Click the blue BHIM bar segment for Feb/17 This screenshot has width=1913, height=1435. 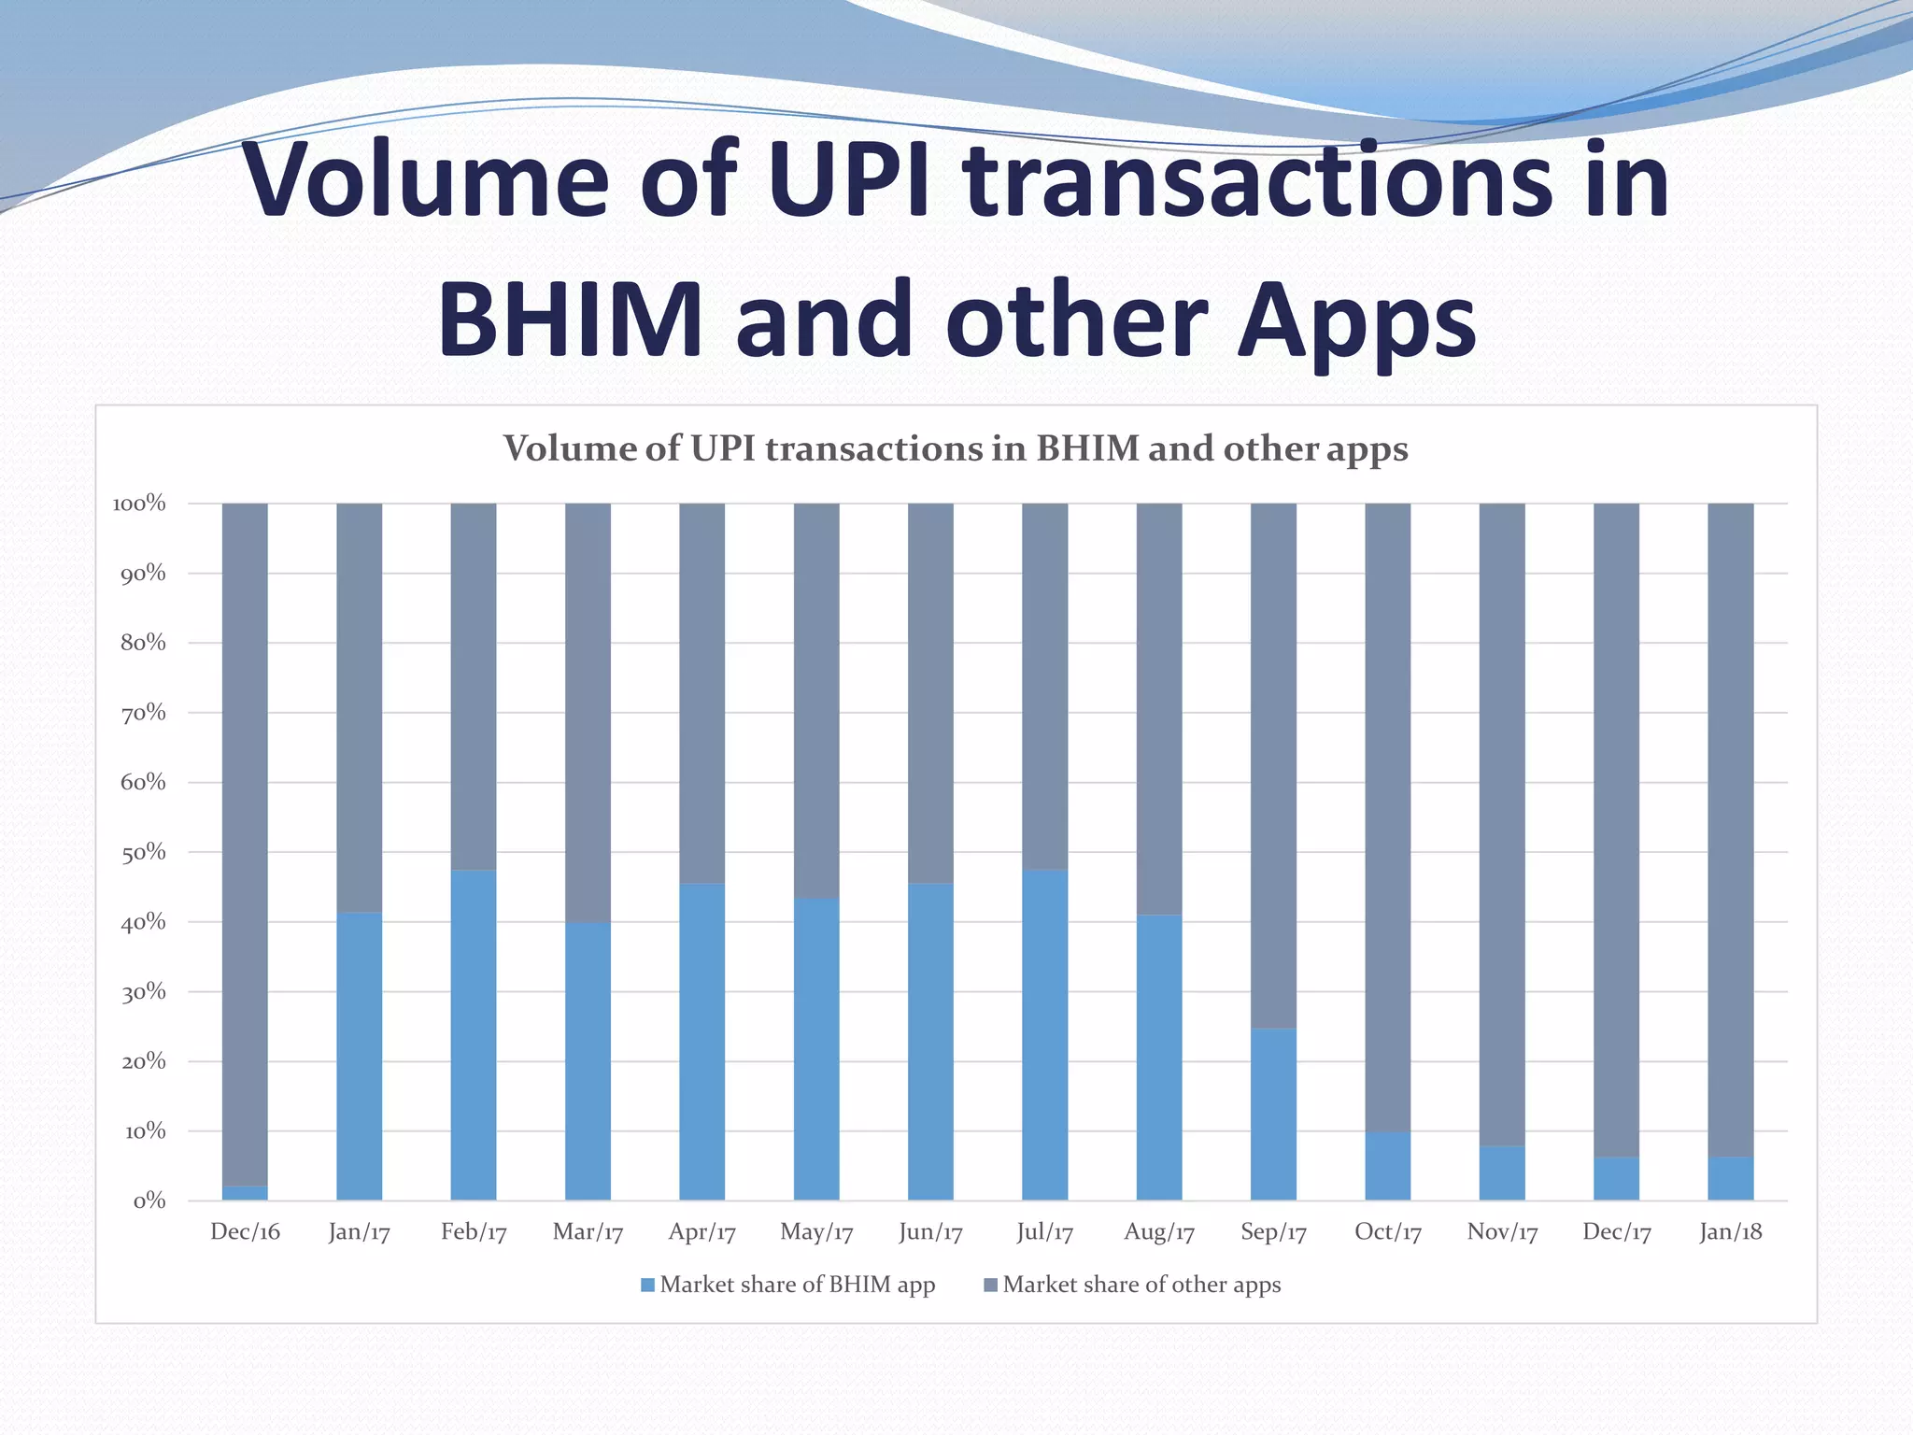click(474, 1035)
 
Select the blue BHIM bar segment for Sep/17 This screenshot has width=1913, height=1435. click(1273, 1115)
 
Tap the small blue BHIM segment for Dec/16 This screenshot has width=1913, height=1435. click(245, 1193)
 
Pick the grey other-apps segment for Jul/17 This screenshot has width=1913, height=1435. click(1044, 687)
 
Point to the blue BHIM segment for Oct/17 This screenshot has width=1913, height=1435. click(1388, 1167)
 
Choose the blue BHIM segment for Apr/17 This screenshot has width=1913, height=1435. click(701, 1042)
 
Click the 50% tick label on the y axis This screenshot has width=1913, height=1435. click(143, 852)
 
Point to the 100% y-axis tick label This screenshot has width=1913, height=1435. click(138, 504)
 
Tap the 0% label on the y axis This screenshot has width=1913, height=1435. click(149, 1201)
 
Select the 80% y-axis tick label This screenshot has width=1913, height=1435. click(143, 643)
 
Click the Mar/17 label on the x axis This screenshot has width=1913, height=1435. click(588, 1232)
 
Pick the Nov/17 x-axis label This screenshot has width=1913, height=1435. click(1502, 1232)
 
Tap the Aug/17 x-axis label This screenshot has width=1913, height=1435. click(1159, 1232)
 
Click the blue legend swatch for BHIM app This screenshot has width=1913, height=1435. click(647, 1286)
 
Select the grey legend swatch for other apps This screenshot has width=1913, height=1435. click(991, 1286)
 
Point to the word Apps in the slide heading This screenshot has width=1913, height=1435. click(1356, 320)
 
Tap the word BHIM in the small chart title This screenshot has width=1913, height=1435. click(1087, 449)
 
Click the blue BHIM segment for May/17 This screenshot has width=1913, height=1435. click(816, 1049)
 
